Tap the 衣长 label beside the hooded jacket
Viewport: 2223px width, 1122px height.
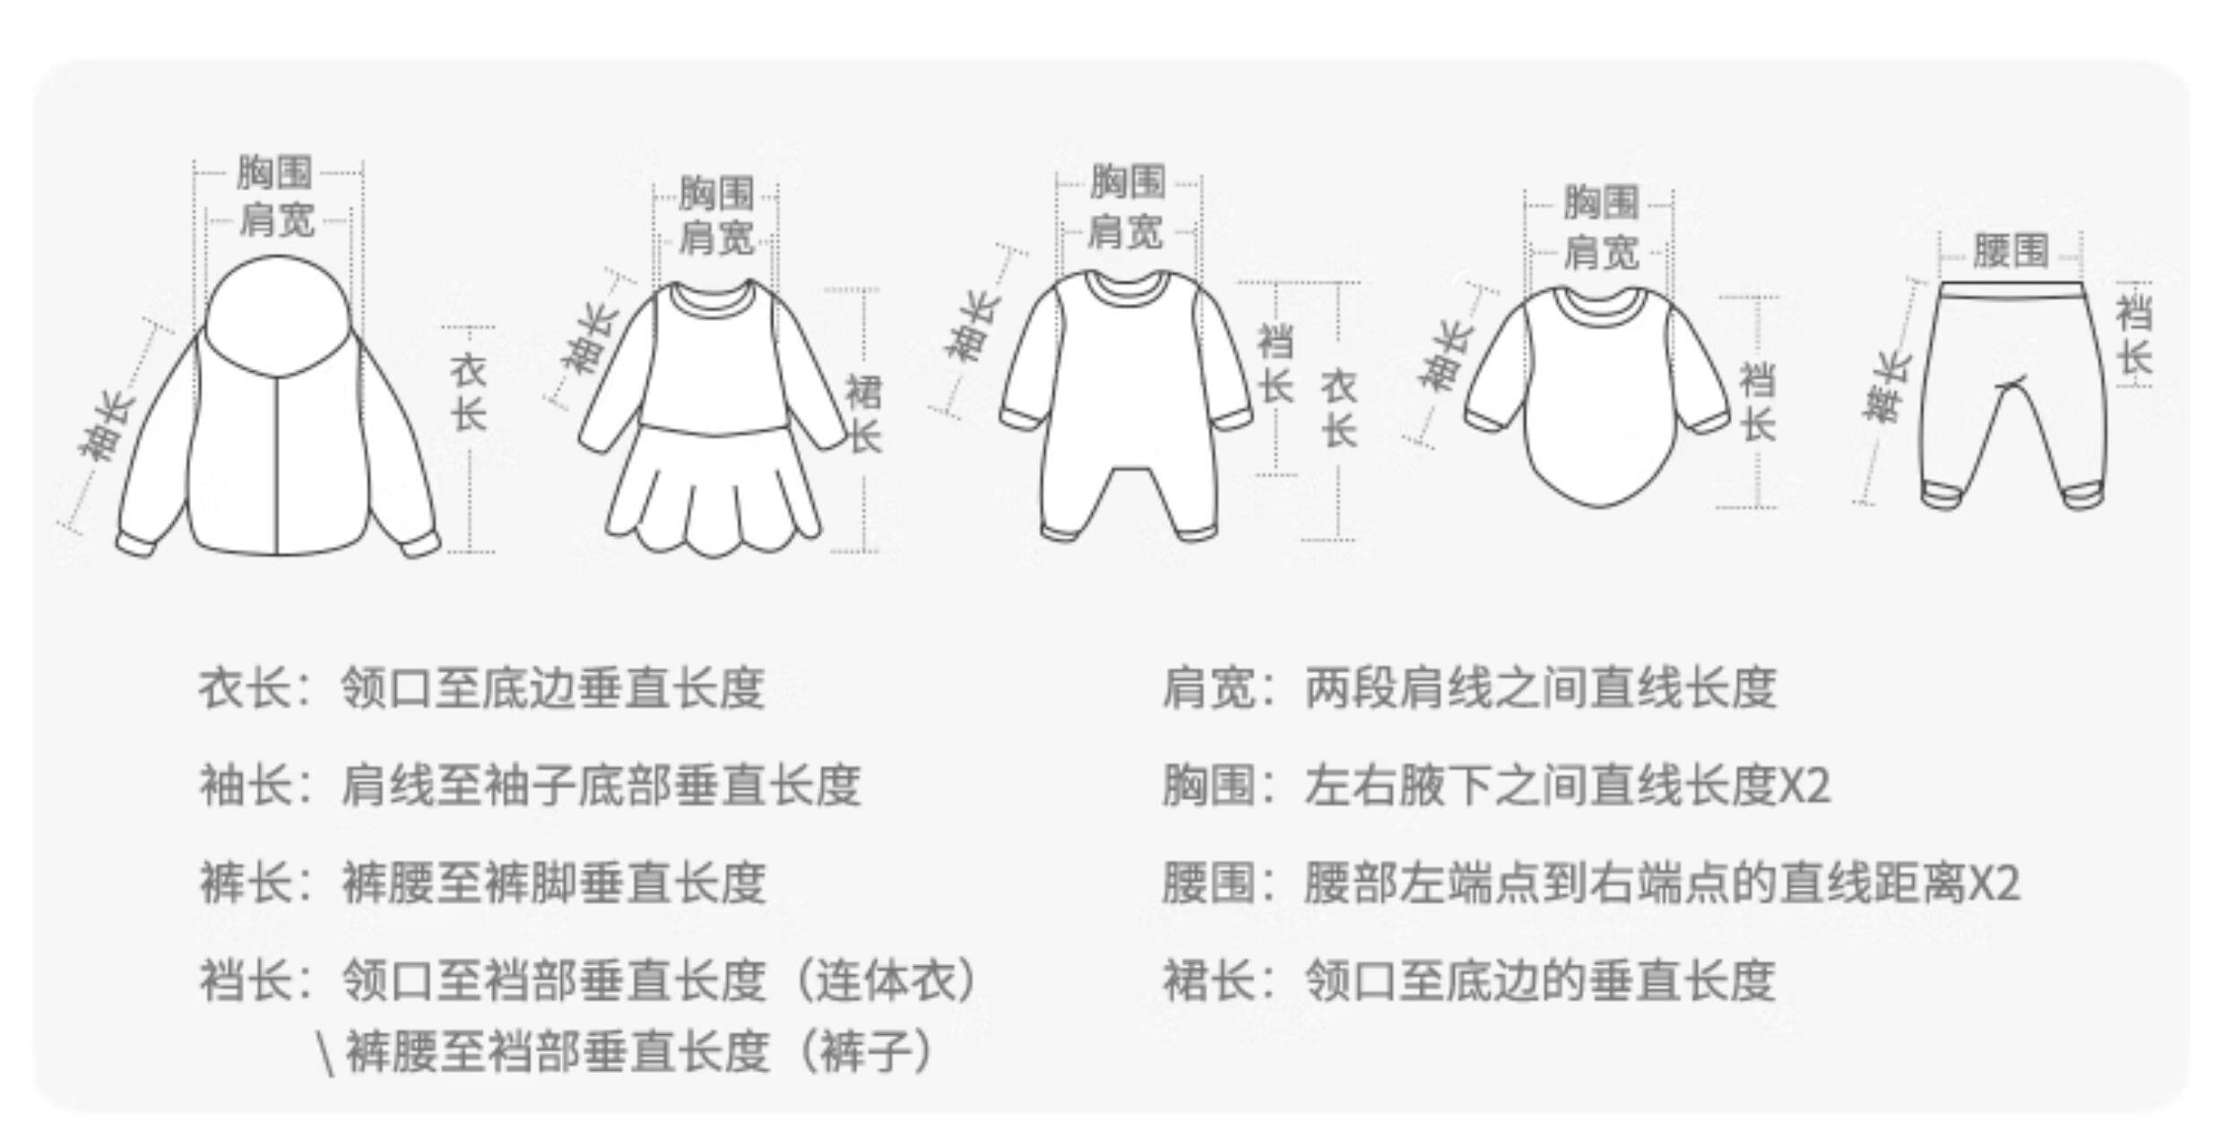[468, 393]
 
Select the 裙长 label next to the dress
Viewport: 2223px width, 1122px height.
[864, 414]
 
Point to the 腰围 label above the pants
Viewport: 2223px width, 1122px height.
[2011, 251]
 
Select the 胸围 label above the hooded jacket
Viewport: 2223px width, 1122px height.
[274, 172]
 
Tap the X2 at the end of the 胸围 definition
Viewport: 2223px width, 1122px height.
[1803, 786]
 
